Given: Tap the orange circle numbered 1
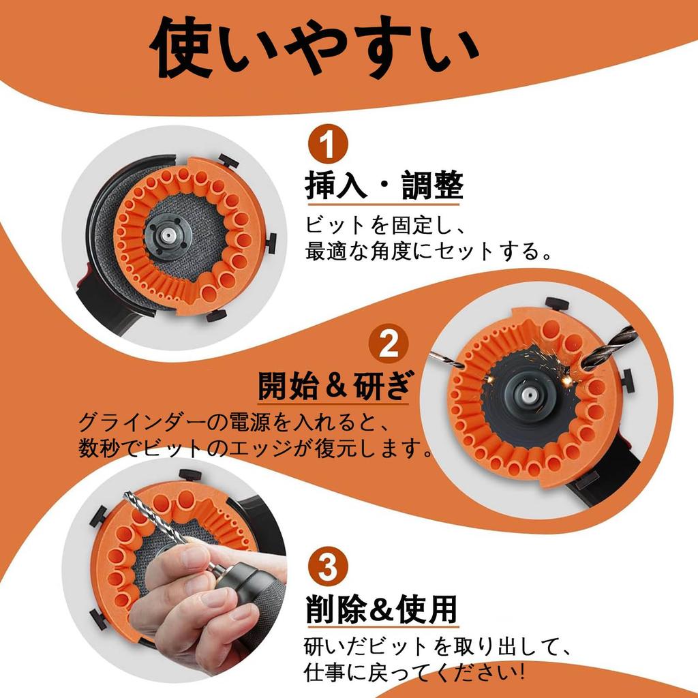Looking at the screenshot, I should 329,144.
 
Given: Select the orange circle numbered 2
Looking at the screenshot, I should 389,346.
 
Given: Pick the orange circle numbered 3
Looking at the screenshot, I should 329,565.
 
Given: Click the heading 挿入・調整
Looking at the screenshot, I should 384,185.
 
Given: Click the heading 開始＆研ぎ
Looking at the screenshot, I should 334,387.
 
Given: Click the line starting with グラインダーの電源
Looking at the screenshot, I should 234,423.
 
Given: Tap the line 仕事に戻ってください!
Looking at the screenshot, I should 414,672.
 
